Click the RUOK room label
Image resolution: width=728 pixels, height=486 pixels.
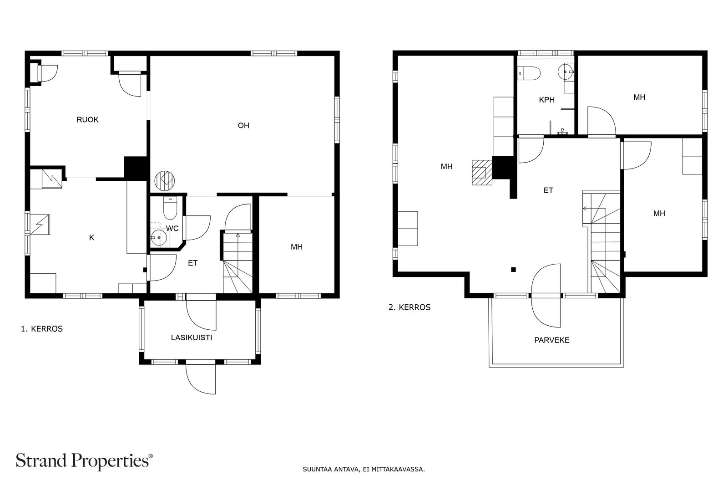tap(87, 120)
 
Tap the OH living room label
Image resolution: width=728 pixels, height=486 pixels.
tap(243, 126)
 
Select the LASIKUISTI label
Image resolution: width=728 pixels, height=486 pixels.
tap(192, 338)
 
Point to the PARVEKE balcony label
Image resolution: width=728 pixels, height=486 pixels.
tap(552, 340)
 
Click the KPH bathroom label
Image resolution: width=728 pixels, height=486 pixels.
tap(546, 100)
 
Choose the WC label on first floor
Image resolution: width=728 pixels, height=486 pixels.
tap(172, 229)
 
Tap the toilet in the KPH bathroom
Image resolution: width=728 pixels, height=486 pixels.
tap(529, 73)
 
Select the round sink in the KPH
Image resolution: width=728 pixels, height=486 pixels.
tap(566, 72)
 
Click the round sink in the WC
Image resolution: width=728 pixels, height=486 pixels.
tap(159, 238)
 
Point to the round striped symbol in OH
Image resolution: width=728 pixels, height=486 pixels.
tap(164, 180)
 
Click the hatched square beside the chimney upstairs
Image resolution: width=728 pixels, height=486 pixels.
tap(482, 173)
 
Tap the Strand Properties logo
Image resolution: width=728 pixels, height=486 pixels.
tap(84, 461)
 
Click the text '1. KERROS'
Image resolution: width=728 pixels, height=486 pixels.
tap(42, 329)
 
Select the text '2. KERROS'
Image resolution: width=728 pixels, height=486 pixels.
tap(409, 307)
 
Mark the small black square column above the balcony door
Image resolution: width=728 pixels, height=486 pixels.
tap(514, 269)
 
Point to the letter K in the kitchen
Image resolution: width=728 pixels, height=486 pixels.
tap(91, 238)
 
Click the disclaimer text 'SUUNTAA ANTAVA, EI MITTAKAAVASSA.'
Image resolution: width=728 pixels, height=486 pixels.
tap(364, 470)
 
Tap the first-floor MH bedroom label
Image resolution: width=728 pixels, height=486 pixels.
tap(297, 247)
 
